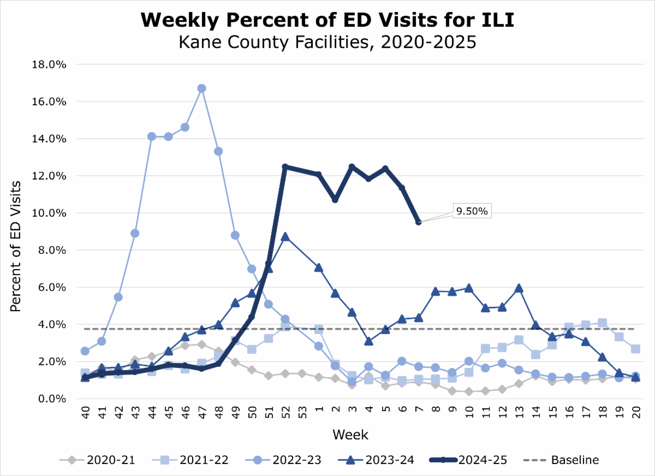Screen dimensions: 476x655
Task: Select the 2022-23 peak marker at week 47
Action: [201, 88]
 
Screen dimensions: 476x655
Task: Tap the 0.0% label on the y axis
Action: [52, 398]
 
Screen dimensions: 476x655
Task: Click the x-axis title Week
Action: [350, 435]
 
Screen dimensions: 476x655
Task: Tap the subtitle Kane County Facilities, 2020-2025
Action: [327, 42]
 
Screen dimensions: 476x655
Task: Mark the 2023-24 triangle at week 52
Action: [285, 237]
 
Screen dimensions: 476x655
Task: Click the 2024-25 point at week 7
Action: [419, 222]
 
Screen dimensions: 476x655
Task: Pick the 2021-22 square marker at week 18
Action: [603, 323]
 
